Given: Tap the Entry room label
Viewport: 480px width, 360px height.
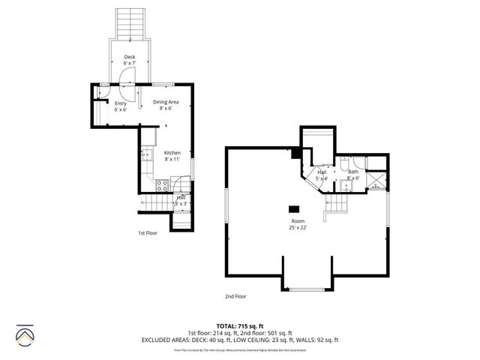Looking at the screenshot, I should point(120,106).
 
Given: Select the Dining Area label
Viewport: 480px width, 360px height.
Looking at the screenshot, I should point(166,104).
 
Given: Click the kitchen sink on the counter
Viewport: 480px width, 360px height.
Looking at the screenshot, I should point(147,157).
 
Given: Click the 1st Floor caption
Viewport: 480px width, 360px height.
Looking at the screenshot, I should point(148,233).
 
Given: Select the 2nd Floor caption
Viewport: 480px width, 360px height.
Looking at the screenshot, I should point(235,296).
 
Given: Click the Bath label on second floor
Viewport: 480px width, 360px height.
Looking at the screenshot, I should point(353,175).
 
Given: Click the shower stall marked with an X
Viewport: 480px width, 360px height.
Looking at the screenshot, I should point(379,179).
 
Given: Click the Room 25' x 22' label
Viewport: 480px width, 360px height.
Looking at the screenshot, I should point(298,224).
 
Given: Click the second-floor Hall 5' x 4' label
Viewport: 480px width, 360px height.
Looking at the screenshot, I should point(322,175).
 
